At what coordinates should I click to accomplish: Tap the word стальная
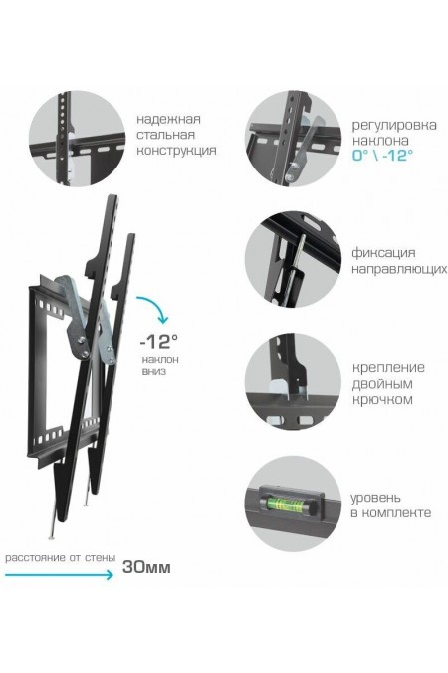coord(166,135)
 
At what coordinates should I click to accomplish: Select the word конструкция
coord(176,152)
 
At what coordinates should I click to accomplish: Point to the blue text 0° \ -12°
coord(382,157)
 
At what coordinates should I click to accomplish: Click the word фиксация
coord(383,253)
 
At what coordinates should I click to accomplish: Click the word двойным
coord(381,384)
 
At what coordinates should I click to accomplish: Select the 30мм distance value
coord(145,567)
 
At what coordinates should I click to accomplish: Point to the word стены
coord(98,558)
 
